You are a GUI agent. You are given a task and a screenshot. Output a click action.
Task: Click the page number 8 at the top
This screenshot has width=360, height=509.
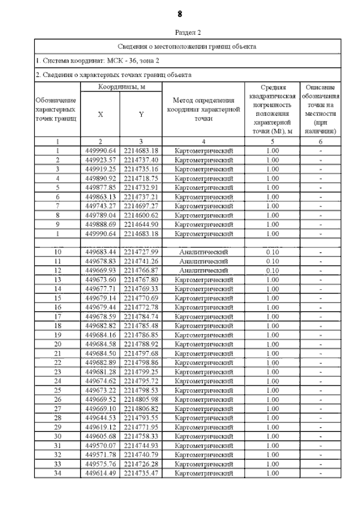(180, 13)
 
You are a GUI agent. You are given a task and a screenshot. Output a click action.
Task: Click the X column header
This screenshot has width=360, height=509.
(101, 114)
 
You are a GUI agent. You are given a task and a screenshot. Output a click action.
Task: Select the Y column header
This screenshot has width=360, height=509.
(141, 114)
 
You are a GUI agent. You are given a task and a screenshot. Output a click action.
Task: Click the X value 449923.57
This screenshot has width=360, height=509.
(101, 160)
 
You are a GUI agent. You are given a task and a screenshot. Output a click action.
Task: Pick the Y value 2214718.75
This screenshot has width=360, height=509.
(141, 178)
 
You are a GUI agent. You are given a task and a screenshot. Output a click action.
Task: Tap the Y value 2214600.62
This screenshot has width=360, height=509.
(141, 215)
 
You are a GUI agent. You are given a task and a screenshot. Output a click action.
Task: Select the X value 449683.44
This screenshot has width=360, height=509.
(101, 252)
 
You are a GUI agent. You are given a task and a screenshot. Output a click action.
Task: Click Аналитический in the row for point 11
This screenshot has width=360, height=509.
(204, 261)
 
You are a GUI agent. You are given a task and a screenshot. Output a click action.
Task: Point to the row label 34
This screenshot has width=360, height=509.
(57, 473)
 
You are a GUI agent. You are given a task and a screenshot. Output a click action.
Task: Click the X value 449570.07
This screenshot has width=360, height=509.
(101, 445)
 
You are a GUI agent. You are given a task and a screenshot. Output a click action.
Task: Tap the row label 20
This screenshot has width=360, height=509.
(57, 344)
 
